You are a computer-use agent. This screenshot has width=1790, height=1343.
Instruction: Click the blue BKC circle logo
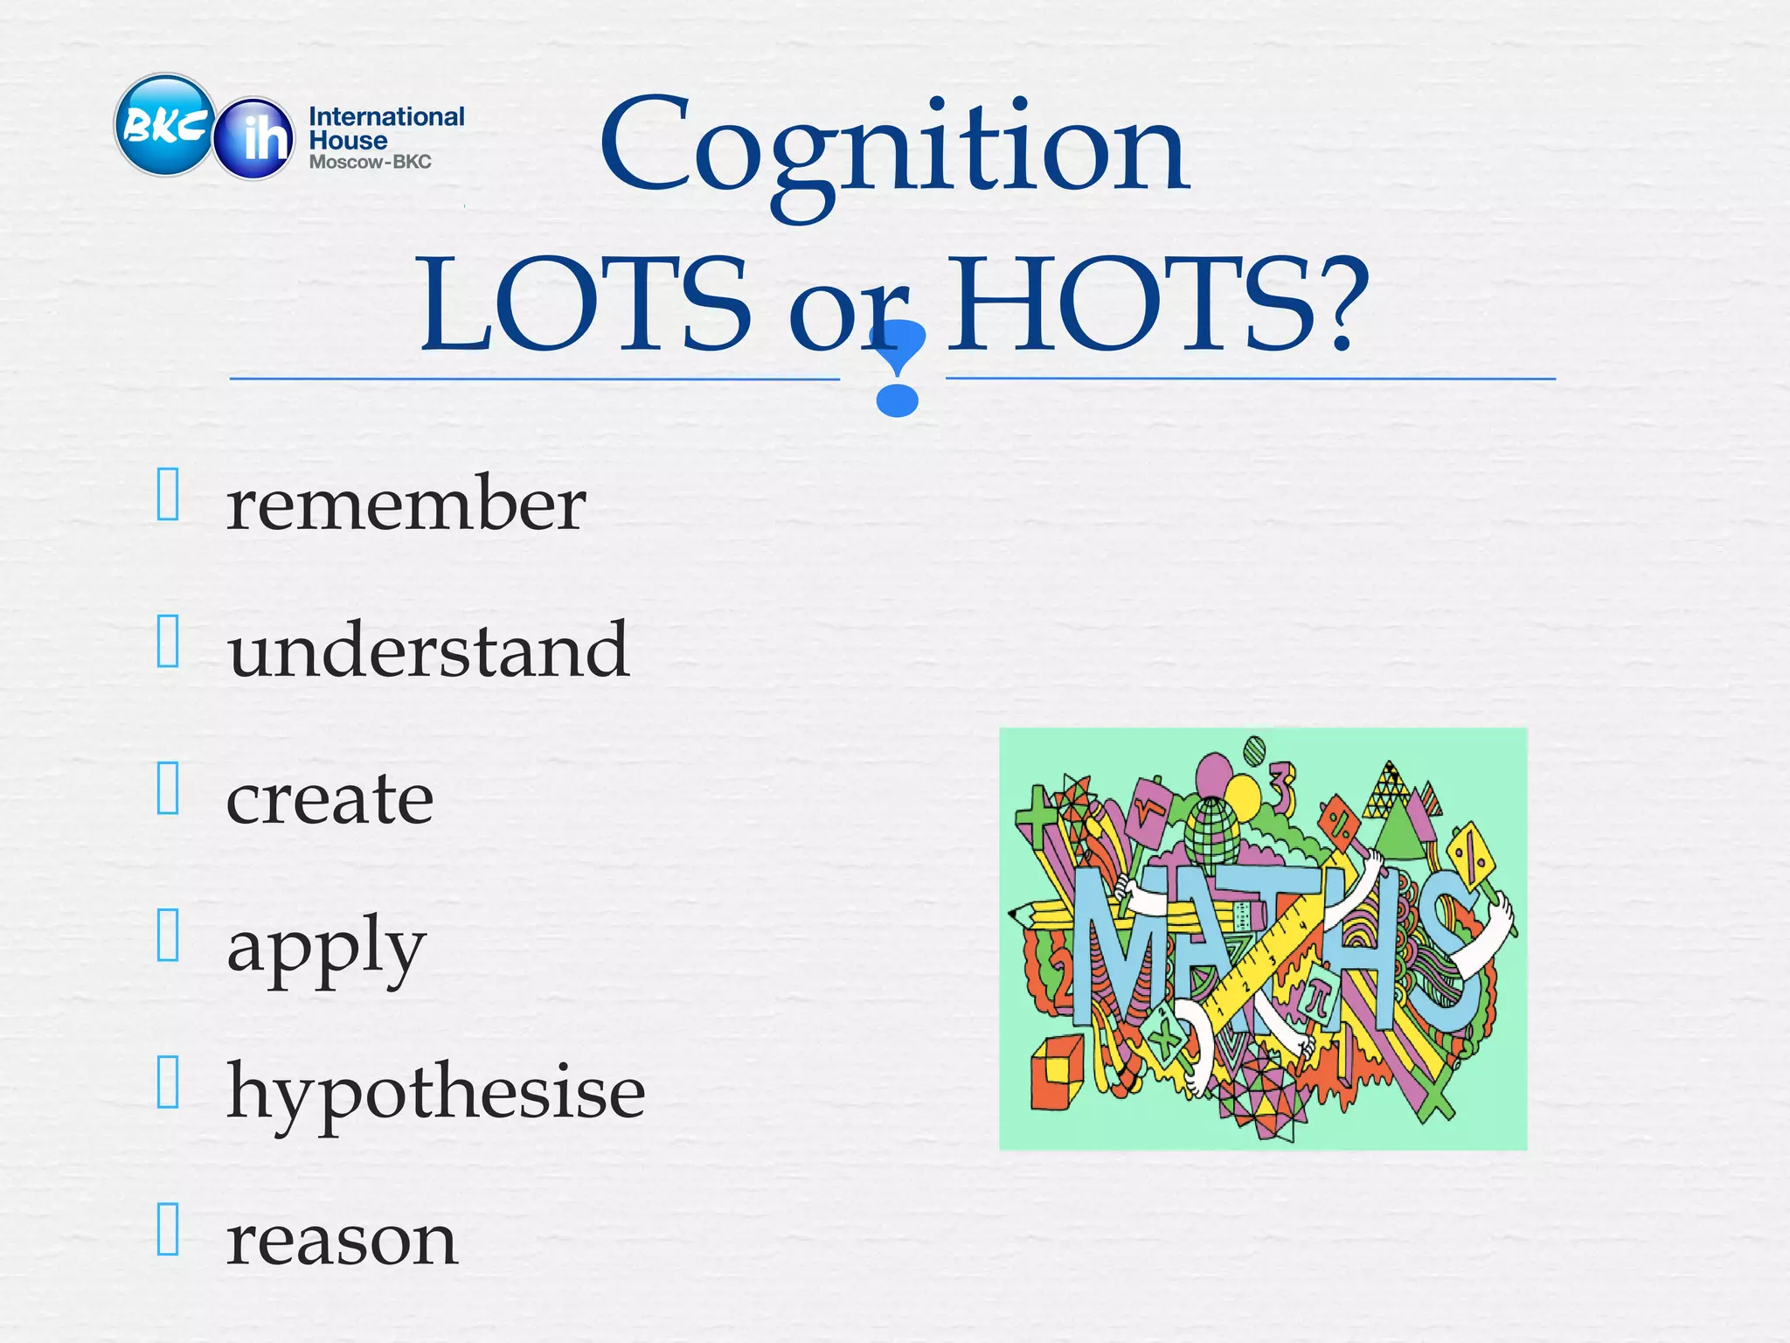[164, 125]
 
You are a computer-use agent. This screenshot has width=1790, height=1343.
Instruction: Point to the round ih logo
[254, 138]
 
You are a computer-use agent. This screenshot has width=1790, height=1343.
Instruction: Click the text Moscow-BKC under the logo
[370, 162]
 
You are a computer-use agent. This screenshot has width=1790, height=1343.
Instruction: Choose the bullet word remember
[406, 504]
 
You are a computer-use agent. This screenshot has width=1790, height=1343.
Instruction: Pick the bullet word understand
[427, 651]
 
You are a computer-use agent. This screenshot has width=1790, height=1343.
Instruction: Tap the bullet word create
[330, 798]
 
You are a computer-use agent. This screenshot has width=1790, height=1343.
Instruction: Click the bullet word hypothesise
[435, 1093]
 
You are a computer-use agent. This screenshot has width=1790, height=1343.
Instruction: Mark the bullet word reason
[341, 1240]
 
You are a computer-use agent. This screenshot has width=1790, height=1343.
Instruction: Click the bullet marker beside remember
[168, 494]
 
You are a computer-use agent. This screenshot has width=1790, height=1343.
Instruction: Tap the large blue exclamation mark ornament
[898, 367]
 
